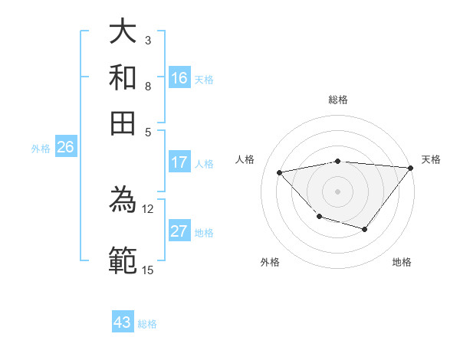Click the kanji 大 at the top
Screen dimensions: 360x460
click(123, 33)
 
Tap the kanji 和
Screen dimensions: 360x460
click(123, 77)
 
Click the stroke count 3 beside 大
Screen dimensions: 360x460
click(147, 40)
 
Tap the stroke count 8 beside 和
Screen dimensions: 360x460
click(147, 86)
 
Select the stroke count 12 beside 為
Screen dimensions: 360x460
click(148, 208)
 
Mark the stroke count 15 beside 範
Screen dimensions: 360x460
click(148, 270)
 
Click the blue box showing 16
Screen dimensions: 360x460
click(179, 77)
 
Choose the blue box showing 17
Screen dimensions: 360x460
click(179, 162)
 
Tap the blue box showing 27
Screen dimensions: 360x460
click(179, 231)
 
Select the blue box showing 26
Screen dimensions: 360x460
click(65, 148)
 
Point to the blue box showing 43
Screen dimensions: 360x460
click(123, 322)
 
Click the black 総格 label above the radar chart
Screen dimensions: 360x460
click(338, 100)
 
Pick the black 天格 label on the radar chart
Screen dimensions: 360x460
click(431, 159)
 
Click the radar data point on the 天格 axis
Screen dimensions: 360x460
click(411, 168)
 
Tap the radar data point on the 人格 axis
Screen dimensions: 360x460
click(280, 172)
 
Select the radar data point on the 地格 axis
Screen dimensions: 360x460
click(365, 229)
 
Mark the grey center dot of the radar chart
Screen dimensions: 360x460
click(337, 191)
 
